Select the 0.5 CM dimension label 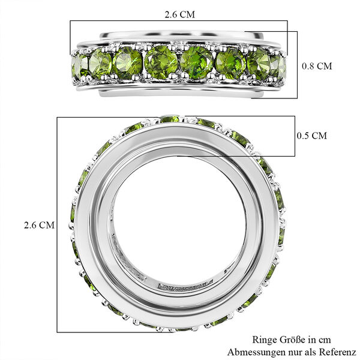(x=311, y=136)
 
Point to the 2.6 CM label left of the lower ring (x=39, y=225)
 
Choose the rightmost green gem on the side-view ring (x=280, y=65)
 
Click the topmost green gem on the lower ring (x=170, y=119)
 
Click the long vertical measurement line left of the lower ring (x=58, y=225)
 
